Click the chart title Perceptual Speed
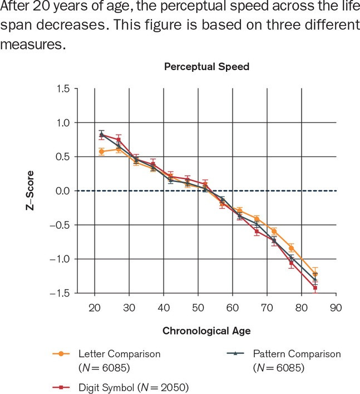[206, 67]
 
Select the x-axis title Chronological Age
[206, 331]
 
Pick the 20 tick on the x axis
[95, 307]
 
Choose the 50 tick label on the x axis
[198, 307]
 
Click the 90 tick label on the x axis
[335, 307]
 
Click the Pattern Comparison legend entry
[296, 354]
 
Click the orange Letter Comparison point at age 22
[101, 151]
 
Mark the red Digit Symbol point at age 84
[315, 288]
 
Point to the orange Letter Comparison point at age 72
[274, 231]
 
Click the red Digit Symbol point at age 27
[119, 140]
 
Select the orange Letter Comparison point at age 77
[291, 248]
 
